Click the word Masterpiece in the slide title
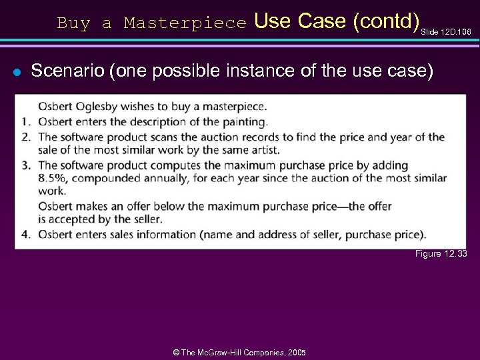(x=185, y=23)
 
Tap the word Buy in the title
(x=73, y=23)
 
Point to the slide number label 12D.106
(x=455, y=31)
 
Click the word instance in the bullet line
(x=278, y=70)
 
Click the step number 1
(x=26, y=121)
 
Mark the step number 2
(x=26, y=137)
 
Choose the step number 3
(x=26, y=165)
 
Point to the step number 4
(x=26, y=234)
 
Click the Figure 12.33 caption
(x=441, y=254)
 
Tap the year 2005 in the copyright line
(x=295, y=351)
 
